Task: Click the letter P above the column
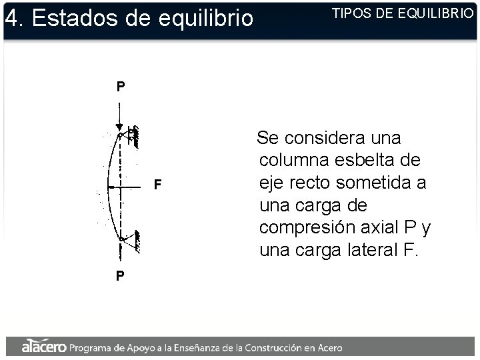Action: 119,87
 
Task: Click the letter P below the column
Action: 119,275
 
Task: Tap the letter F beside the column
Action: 157,184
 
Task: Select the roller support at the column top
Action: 133,136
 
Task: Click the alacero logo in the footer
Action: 44,347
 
